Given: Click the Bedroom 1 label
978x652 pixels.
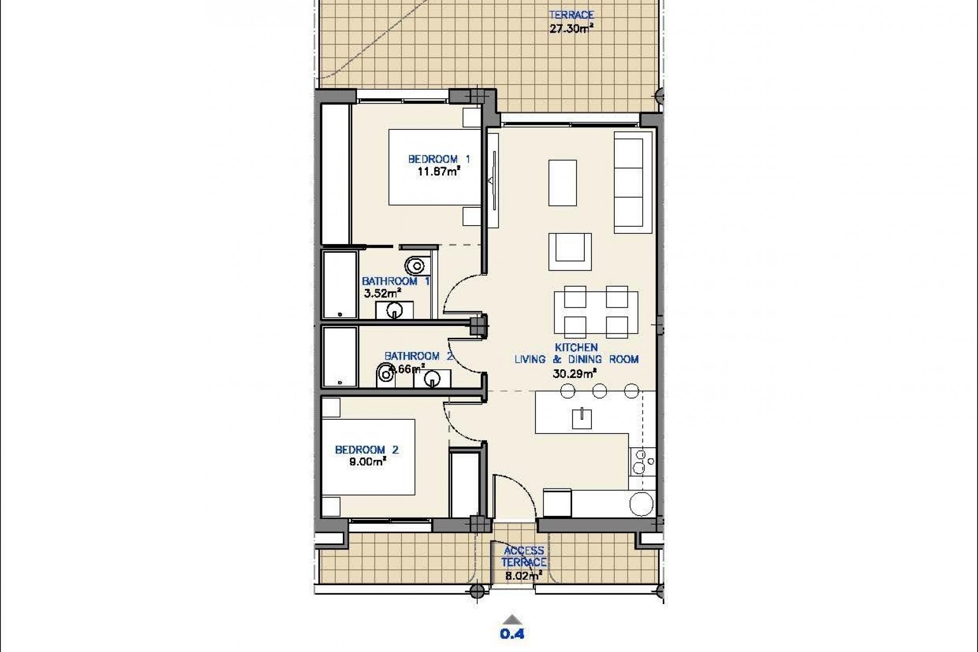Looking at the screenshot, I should [x=439, y=159].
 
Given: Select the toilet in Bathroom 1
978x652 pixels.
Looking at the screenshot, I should [x=416, y=265].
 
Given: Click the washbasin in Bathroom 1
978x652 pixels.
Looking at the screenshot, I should [x=394, y=310].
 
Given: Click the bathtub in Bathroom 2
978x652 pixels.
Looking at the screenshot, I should [x=340, y=357].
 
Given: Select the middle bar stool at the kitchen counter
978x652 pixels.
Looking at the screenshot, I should [x=600, y=391].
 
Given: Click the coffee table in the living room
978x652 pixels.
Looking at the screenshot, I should [x=562, y=183].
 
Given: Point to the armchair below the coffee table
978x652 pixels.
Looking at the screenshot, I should [x=570, y=252].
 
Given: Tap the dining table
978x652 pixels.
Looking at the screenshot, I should [x=595, y=312].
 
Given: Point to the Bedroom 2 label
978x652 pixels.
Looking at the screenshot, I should [x=366, y=450].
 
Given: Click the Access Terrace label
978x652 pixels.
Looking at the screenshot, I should [x=524, y=556].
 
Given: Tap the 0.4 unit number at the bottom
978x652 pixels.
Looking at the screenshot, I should [x=512, y=634].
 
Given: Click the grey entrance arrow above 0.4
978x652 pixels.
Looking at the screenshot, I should [x=512, y=620].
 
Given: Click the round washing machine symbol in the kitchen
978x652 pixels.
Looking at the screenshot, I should [x=641, y=504].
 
